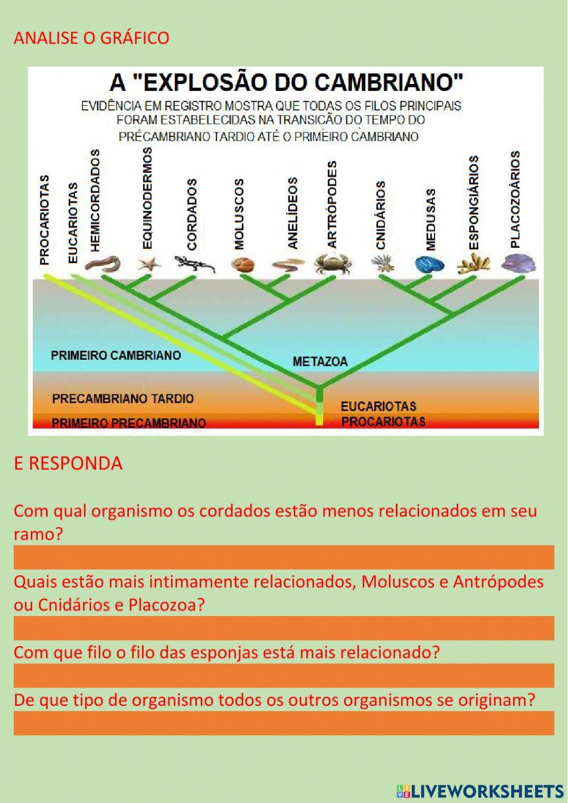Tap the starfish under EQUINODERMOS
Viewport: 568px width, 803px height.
(x=149, y=264)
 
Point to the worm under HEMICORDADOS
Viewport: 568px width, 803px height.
(x=103, y=263)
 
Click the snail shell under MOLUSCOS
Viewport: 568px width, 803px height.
(x=244, y=264)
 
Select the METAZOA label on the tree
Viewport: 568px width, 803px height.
(x=320, y=361)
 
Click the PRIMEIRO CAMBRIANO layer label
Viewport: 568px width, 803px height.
(x=116, y=356)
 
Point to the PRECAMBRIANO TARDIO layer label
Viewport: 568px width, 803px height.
(x=123, y=398)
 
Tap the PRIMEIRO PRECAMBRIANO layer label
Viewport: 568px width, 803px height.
(x=128, y=423)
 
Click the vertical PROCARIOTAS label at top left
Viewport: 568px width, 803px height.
(x=45, y=220)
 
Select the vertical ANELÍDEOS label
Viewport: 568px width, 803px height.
(x=293, y=213)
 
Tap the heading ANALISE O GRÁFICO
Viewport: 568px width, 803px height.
(x=91, y=38)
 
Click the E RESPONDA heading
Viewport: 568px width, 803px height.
(x=68, y=463)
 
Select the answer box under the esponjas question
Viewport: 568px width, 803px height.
(x=283, y=675)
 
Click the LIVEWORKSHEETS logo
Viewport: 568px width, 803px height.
(x=480, y=790)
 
